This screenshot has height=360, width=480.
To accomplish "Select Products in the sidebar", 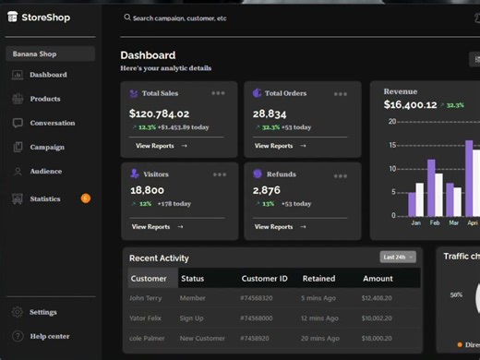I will [44, 99].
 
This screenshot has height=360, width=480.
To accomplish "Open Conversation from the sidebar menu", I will [52, 123].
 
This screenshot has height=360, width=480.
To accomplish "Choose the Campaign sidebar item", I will [46, 147].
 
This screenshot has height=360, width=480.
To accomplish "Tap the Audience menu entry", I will [45, 171].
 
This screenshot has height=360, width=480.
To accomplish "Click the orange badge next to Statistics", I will [86, 198].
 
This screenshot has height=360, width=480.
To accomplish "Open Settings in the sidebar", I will [42, 312].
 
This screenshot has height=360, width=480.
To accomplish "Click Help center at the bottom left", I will [49, 336].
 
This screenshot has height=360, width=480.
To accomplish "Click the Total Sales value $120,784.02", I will [159, 114].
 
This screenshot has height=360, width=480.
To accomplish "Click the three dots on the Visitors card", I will [219, 174].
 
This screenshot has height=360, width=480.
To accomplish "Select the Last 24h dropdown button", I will [398, 257].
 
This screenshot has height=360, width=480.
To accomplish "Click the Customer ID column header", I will [265, 278].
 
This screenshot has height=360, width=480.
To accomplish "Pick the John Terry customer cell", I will [144, 298].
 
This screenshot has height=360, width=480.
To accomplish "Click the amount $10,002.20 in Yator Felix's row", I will [377, 318].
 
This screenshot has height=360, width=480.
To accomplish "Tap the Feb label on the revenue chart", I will [434, 223].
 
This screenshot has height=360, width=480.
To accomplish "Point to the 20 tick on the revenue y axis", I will [392, 121].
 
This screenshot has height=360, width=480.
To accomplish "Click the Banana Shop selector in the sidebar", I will [50, 54].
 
